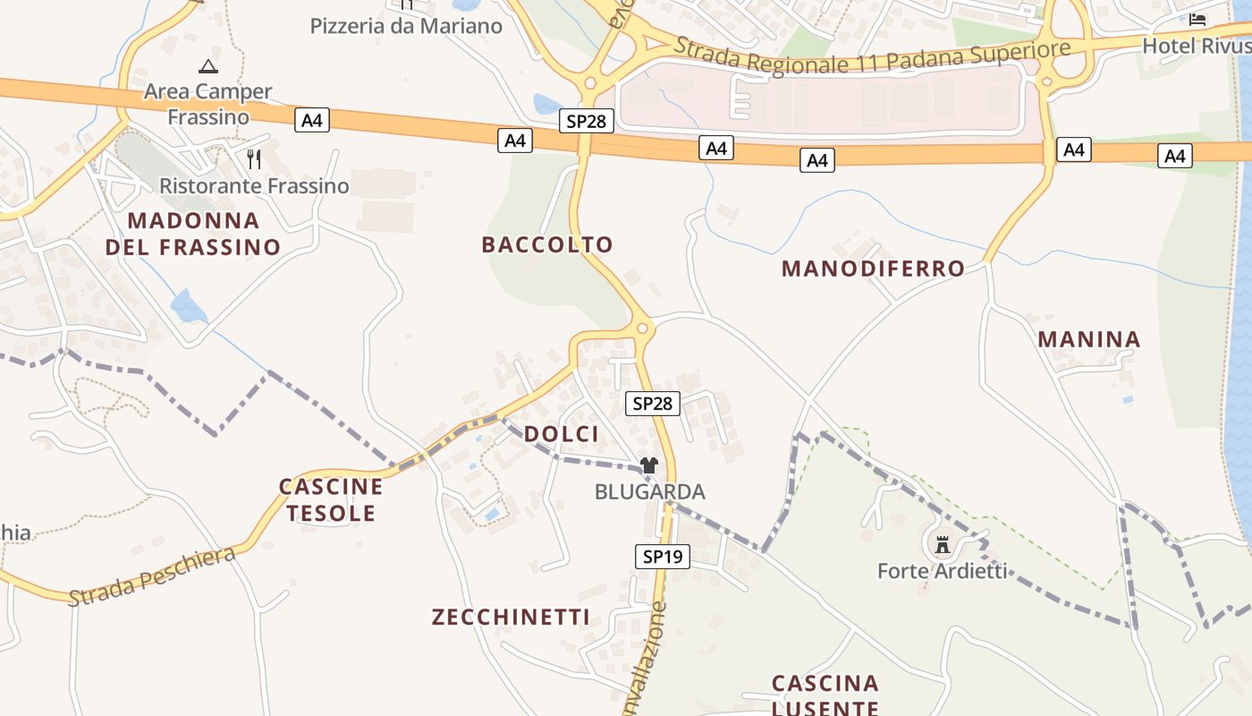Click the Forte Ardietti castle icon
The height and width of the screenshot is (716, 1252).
(x=942, y=544)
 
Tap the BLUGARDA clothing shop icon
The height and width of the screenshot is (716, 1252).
(x=649, y=465)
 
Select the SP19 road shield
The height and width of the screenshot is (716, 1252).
(x=663, y=557)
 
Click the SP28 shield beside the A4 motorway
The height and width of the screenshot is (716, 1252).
(x=587, y=121)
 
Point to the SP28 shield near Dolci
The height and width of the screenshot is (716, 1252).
(x=652, y=404)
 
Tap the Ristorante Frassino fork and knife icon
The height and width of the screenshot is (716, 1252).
(x=255, y=159)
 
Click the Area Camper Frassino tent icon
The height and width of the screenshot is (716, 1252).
(x=208, y=66)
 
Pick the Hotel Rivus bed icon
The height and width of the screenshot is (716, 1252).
(x=1197, y=20)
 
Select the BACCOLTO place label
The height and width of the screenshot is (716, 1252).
(x=547, y=244)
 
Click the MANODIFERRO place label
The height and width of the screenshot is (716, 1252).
(x=873, y=268)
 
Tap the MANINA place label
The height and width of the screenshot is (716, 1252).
(x=1089, y=339)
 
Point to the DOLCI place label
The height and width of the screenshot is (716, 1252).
(x=561, y=434)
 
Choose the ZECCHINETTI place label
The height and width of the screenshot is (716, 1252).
(x=511, y=617)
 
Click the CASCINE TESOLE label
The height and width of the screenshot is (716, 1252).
(x=331, y=500)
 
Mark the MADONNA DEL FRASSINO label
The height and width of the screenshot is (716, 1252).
(x=193, y=234)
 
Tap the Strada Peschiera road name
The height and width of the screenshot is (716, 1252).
(x=152, y=576)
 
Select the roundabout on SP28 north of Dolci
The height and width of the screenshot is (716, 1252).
(x=643, y=328)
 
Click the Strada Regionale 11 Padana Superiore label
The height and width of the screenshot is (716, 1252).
(x=872, y=56)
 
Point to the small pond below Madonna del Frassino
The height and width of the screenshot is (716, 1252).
(x=188, y=306)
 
